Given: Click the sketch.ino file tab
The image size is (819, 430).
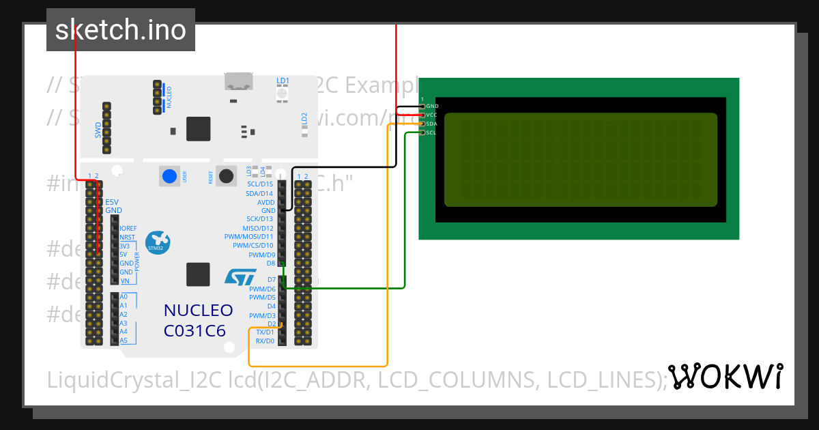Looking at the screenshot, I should coord(121,30).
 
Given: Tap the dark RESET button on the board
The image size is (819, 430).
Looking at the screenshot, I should coord(225,176).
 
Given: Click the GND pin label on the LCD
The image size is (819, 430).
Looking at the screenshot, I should coord(432,106).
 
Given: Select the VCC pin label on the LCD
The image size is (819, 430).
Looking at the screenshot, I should coord(432,115).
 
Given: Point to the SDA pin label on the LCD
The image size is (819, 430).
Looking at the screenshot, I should coord(432,124).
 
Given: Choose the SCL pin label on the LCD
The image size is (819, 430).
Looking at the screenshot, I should coord(431,133).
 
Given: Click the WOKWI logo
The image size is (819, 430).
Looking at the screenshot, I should coord(725,377).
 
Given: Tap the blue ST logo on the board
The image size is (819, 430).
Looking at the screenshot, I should coord(240,276).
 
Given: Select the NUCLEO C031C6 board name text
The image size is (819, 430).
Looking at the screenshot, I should coord(198,320).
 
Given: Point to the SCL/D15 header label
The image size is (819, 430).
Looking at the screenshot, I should coord(259,184).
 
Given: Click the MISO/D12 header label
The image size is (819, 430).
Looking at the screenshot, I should coord(258,228).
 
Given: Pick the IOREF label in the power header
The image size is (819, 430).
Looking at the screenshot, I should coord(128,228).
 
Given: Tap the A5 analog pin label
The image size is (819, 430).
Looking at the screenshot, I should coord(124,340).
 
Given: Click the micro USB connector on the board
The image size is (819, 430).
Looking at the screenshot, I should coord(239,83).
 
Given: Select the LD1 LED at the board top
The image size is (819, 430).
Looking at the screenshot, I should coord(283,92).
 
